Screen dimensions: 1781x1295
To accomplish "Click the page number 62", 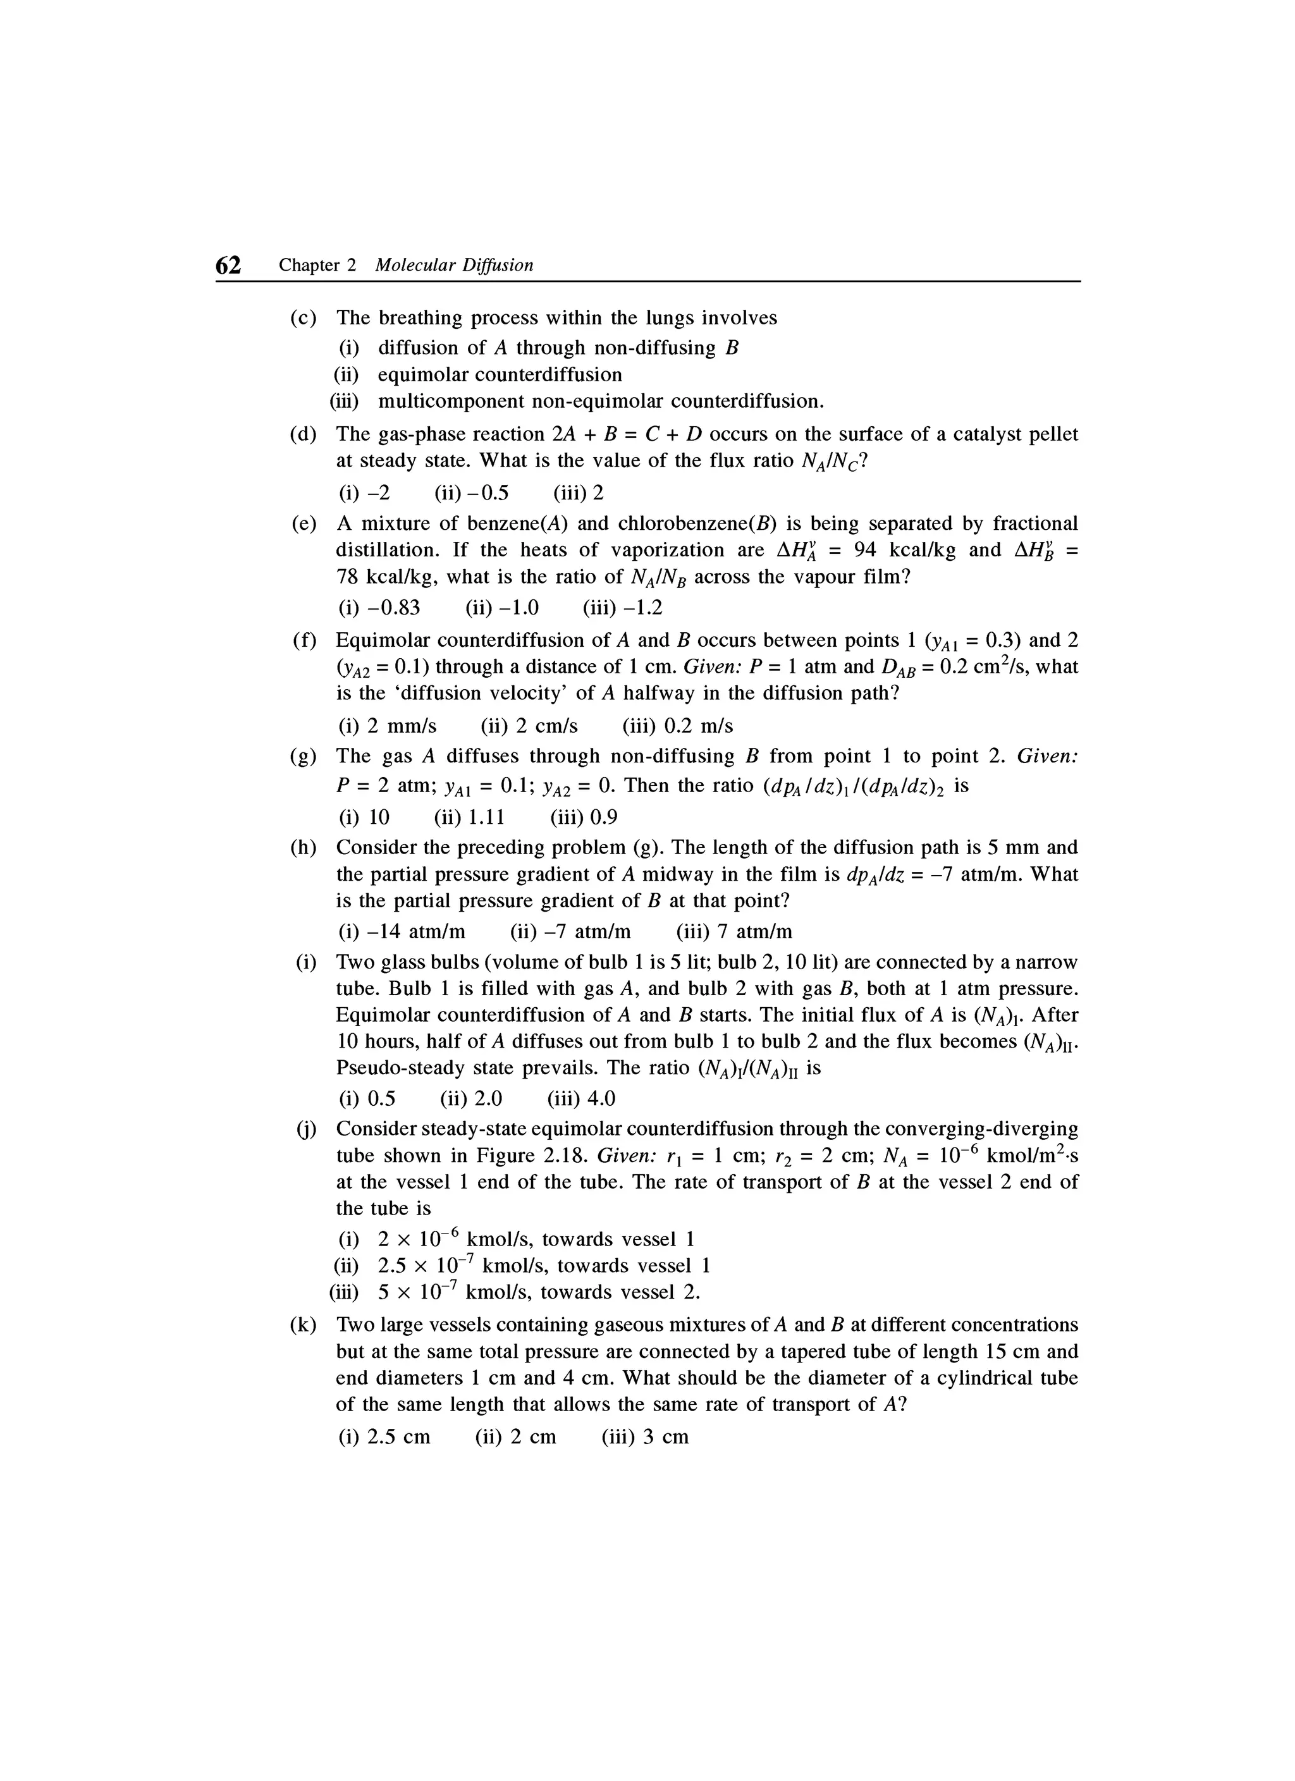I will coord(228,266).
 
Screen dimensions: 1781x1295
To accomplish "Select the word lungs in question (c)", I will coord(671,318).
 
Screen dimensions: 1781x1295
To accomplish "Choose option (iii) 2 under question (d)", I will coord(579,493).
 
